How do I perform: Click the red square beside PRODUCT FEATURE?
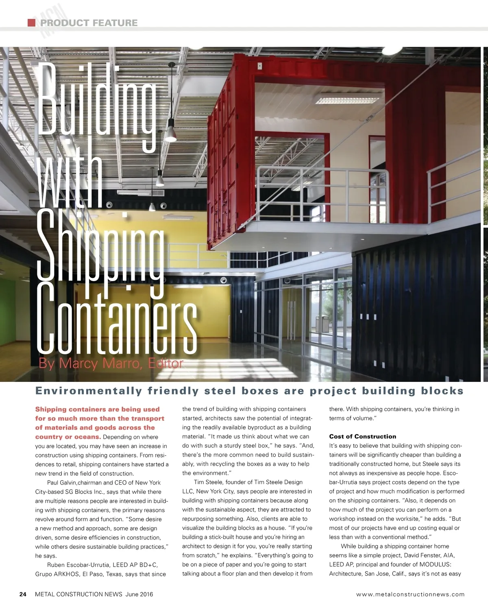point(31,23)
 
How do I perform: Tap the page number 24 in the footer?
point(23,594)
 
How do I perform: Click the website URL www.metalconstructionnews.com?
point(410,594)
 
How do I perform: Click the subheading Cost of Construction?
point(362,436)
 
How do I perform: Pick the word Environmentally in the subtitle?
point(89,391)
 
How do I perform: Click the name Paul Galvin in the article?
point(61,483)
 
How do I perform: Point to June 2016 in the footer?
point(139,594)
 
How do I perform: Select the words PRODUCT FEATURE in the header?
point(89,23)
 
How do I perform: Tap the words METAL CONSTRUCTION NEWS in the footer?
point(78,594)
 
